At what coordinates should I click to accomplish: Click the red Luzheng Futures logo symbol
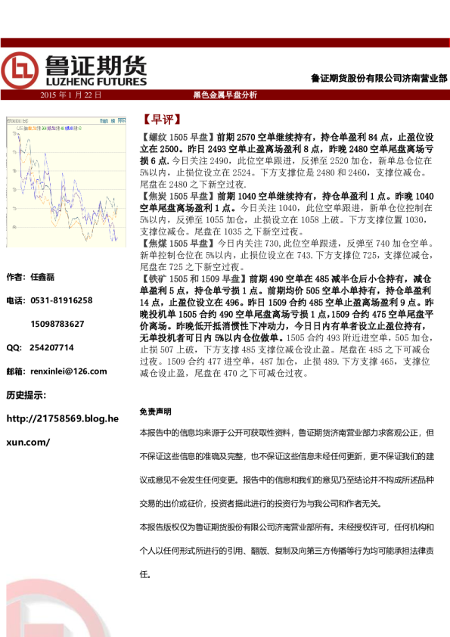[19, 71]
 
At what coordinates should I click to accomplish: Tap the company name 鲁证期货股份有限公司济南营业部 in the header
[378, 78]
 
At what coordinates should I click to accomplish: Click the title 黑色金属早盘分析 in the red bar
[225, 95]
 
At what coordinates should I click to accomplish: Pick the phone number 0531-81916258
[61, 300]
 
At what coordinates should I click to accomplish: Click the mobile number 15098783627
[57, 324]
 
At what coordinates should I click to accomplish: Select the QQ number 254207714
[51, 347]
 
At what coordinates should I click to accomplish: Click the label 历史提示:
[26, 394]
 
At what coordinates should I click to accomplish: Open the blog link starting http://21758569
[62, 418]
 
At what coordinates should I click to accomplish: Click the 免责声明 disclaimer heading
[155, 412]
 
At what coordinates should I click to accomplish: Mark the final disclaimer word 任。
[146, 575]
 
